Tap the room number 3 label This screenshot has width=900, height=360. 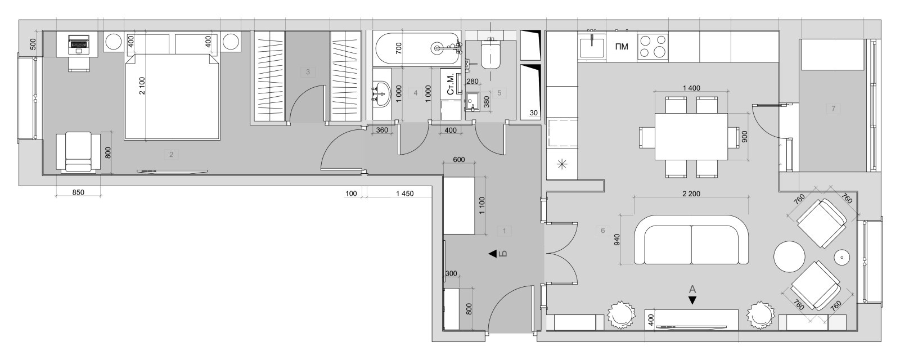(307, 72)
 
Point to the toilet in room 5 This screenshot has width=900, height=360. (491, 54)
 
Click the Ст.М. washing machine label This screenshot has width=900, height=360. (450, 84)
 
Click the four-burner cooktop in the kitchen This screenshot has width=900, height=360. (652, 46)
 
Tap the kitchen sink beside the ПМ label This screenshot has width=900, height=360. (591, 46)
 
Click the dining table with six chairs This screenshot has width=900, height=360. (691, 137)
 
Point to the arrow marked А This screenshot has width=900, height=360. (692, 300)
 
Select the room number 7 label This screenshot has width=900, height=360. (833, 109)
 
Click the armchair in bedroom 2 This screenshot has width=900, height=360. (78, 151)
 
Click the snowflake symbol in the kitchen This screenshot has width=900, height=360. (561, 165)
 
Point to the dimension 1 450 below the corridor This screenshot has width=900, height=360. (404, 193)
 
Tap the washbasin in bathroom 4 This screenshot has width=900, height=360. (382, 93)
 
